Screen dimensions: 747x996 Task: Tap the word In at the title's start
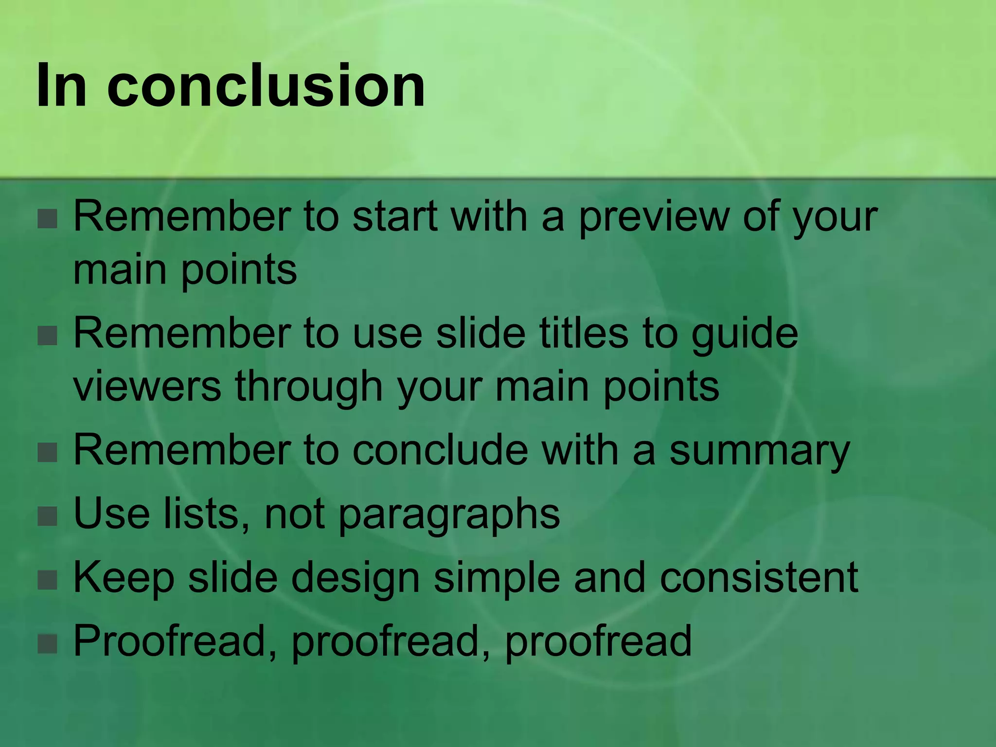click(x=61, y=87)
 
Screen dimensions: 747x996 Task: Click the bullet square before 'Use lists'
click(x=48, y=516)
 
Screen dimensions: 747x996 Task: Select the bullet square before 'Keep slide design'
click(x=48, y=580)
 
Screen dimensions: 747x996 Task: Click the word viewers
click(x=147, y=387)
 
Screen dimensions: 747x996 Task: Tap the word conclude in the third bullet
click(x=440, y=450)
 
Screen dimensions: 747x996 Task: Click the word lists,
click(x=207, y=515)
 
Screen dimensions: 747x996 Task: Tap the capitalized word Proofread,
click(x=175, y=642)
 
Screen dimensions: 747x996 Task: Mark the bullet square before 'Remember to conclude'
click(x=48, y=453)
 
